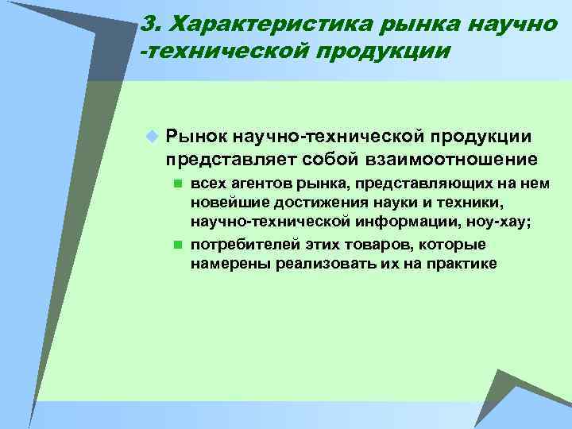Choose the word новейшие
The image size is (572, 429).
(225, 204)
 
